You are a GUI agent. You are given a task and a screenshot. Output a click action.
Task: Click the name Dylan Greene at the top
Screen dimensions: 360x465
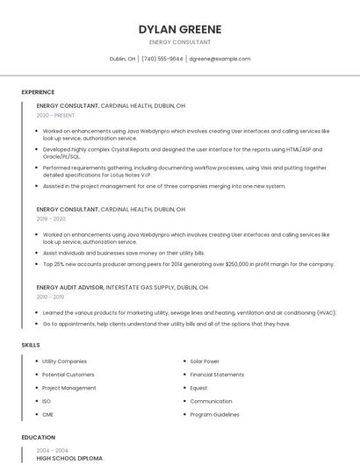click(180, 29)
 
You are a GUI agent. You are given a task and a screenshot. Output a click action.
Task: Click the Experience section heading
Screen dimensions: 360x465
click(38, 92)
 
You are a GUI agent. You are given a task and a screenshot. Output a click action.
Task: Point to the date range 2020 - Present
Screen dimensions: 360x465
click(55, 115)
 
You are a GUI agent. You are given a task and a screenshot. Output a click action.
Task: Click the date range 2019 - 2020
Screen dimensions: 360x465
click(51, 219)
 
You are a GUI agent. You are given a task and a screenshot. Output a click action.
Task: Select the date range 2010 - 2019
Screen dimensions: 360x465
click(51, 297)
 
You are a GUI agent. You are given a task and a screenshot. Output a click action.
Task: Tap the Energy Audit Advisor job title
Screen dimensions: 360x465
click(70, 287)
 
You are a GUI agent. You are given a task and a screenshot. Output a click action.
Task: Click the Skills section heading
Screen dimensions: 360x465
click(31, 345)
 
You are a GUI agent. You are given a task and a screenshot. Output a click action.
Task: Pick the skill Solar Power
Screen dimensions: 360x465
click(205, 361)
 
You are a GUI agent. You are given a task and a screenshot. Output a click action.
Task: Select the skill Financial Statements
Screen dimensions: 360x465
click(217, 375)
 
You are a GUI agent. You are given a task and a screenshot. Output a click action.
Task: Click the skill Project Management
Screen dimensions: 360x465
click(69, 388)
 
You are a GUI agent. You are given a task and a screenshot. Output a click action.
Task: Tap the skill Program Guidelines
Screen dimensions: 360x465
click(214, 414)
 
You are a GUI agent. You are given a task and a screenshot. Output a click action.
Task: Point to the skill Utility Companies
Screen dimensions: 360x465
click(64, 361)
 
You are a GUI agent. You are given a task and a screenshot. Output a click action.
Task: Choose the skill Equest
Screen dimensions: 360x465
click(198, 388)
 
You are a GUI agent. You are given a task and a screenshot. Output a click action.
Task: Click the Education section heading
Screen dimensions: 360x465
click(39, 437)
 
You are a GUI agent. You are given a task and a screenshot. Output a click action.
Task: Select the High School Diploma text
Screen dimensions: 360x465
click(69, 458)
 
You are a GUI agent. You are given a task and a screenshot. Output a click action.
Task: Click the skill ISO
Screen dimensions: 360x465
click(47, 401)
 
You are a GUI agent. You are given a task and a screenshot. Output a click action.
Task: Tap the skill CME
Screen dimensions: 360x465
click(47, 414)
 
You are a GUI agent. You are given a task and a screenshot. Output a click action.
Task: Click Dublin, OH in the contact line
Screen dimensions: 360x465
click(122, 59)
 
